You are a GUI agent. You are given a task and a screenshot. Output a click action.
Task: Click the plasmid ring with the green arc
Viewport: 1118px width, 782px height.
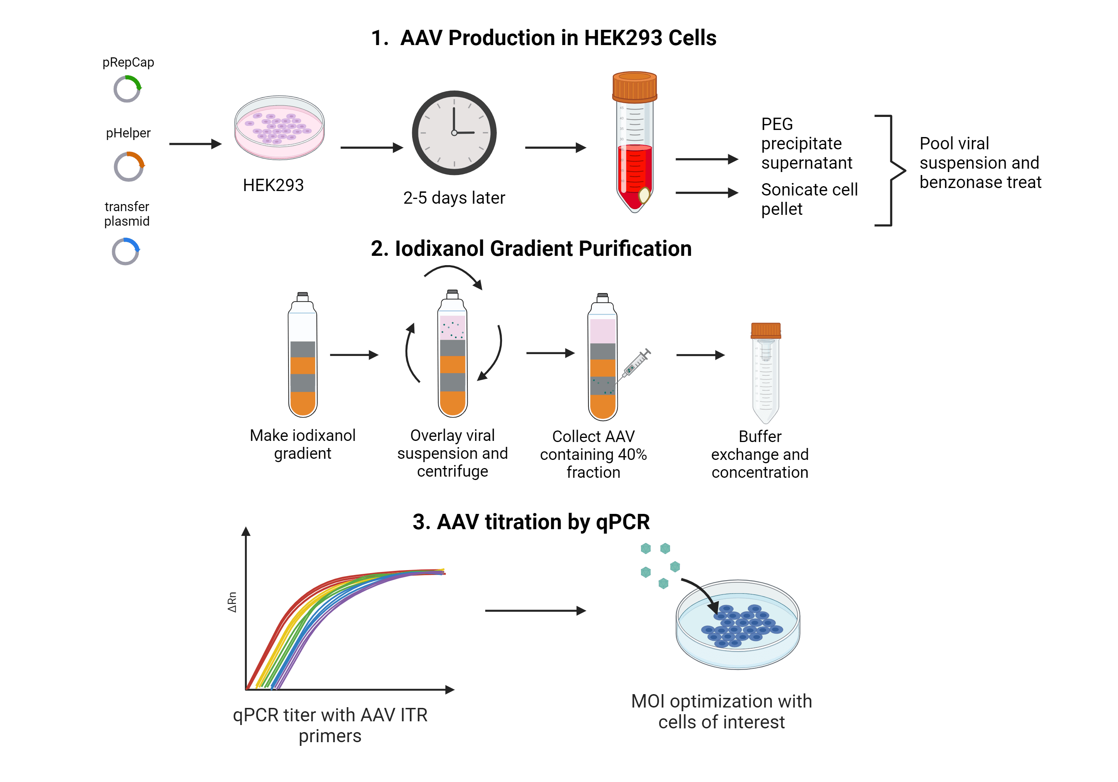coord(127,89)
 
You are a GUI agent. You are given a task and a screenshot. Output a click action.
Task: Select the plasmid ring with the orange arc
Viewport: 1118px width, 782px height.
coord(129,167)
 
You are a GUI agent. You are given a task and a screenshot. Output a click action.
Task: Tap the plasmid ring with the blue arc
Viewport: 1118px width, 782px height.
coord(126,252)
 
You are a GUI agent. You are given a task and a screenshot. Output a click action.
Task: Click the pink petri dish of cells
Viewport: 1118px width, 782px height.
coord(279,127)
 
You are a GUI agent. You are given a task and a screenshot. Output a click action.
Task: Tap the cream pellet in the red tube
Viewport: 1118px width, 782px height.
coord(644,195)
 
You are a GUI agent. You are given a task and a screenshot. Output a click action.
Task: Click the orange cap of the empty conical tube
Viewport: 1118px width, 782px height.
coord(765,330)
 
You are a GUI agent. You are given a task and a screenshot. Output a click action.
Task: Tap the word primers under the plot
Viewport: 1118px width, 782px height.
coord(330,736)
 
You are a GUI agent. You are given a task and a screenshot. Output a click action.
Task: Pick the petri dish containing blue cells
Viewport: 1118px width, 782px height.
coord(738,625)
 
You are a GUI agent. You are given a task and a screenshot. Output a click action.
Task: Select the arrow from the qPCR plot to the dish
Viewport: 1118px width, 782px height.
coord(535,611)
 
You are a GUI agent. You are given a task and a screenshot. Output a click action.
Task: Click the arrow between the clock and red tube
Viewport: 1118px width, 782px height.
coord(555,147)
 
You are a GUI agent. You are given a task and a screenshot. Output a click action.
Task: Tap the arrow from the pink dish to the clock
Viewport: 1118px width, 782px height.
coord(372,147)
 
